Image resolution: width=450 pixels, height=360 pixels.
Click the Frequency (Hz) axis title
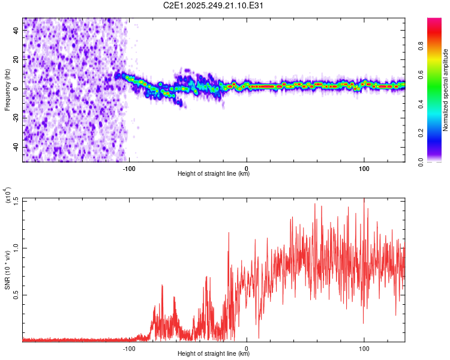(7, 90)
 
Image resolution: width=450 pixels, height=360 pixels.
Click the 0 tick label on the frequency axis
(17, 88)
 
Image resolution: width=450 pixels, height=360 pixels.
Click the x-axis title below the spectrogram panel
(214, 174)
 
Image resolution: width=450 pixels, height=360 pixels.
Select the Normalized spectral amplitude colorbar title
(446, 90)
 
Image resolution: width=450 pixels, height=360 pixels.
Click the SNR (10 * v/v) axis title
(7, 270)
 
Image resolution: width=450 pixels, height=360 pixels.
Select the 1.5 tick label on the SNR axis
(17, 199)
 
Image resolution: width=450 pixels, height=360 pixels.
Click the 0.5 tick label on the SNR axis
(17, 295)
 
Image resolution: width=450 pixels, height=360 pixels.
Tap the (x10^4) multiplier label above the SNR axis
(7, 196)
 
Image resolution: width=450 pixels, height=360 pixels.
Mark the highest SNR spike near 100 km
(364, 200)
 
